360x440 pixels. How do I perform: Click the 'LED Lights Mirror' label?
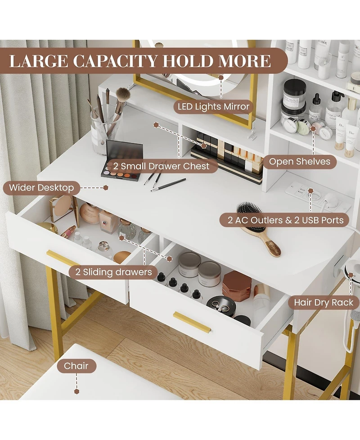click(x=213, y=107)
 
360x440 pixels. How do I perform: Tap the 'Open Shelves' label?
click(x=299, y=161)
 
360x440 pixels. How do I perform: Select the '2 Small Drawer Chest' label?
click(x=161, y=166)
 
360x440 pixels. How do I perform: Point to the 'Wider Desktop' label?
click(x=41, y=187)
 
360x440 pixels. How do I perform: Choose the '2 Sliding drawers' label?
click(x=110, y=272)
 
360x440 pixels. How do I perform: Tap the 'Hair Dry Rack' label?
click(x=324, y=302)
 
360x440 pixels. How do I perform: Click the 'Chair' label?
click(x=76, y=366)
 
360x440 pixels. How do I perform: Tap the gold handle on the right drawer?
click(x=192, y=322)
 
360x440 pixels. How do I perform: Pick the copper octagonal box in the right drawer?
click(x=237, y=285)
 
